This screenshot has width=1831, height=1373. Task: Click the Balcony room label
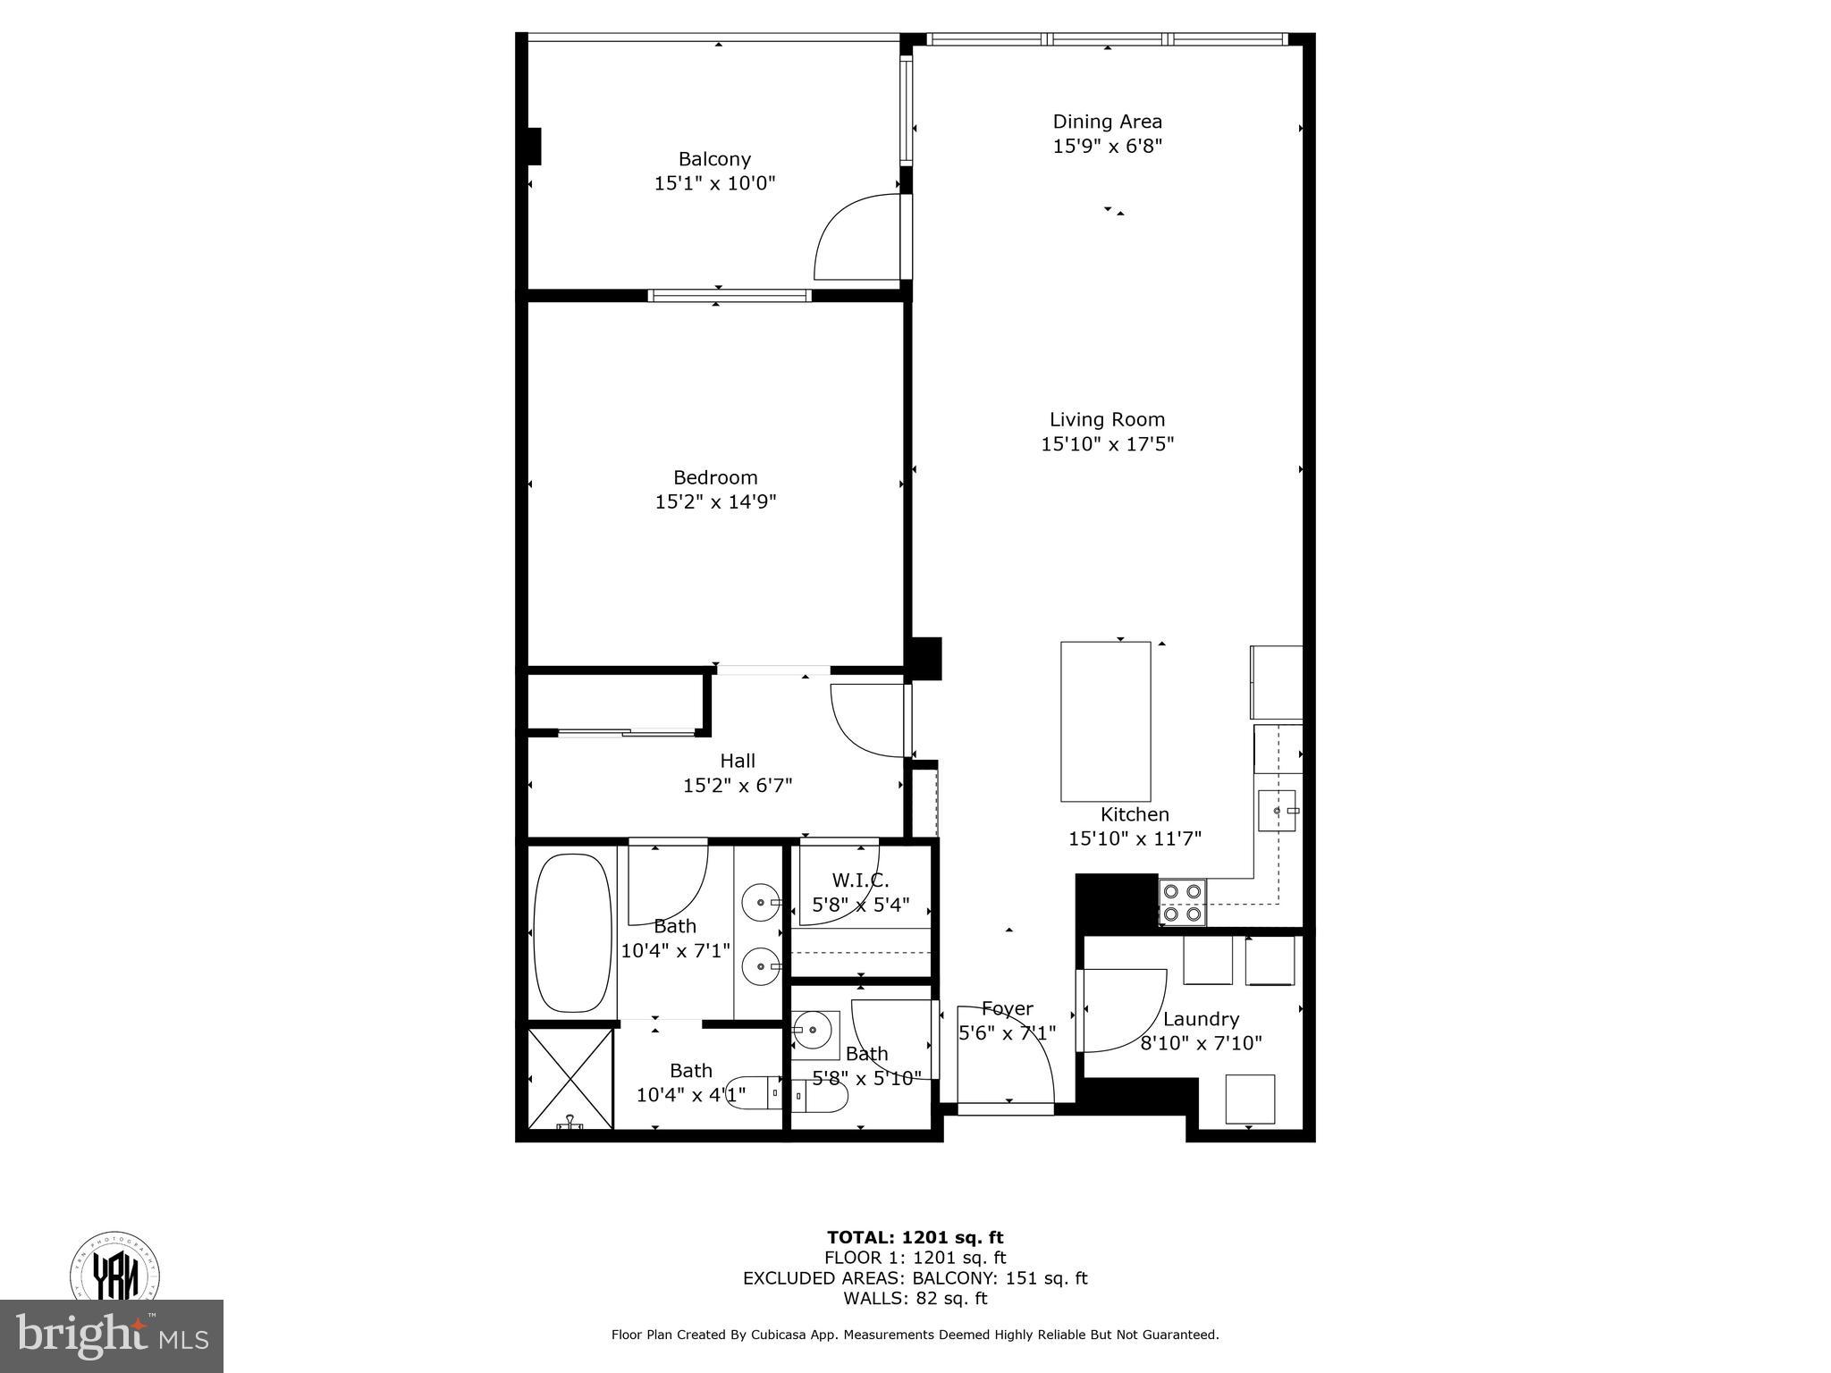click(713, 159)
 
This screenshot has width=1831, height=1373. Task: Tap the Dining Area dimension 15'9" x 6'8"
click(1107, 146)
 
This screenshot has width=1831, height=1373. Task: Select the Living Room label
click(1107, 419)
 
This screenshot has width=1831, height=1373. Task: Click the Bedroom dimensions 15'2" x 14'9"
click(715, 501)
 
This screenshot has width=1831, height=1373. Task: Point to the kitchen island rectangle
click(1105, 720)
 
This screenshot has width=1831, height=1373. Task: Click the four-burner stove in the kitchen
click(1182, 902)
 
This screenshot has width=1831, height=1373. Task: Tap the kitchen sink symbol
click(1278, 810)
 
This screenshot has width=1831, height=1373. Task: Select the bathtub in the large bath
click(572, 932)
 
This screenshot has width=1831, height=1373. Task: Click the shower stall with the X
click(570, 1078)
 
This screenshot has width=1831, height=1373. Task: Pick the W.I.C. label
click(860, 880)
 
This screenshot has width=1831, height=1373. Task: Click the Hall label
click(738, 761)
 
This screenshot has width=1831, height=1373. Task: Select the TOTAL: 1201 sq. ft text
click(915, 1237)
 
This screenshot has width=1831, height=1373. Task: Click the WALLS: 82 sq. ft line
click(915, 1299)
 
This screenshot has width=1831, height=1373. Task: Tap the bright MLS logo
click(112, 1335)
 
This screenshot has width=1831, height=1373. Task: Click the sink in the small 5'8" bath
click(814, 1032)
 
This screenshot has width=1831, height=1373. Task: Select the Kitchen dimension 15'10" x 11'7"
click(1135, 838)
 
